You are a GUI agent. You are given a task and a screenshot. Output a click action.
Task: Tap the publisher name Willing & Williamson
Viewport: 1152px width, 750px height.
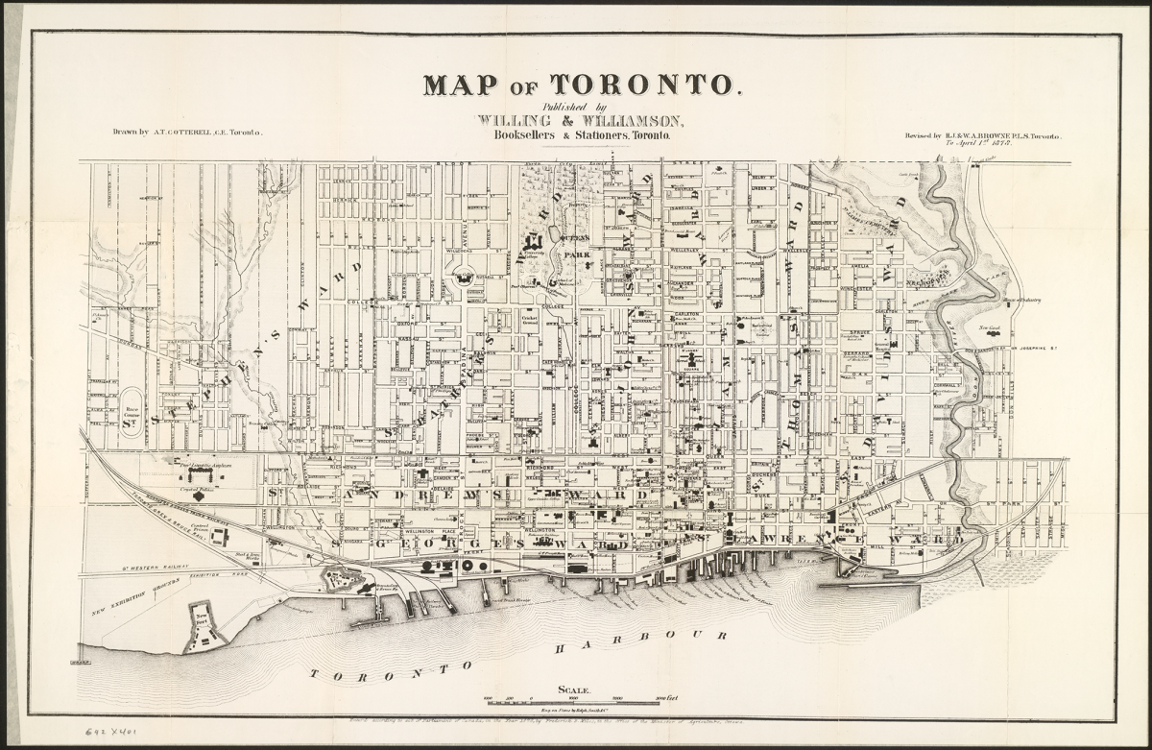pyautogui.click(x=580, y=121)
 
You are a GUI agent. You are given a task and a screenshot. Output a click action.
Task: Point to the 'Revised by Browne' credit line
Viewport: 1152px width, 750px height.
pyautogui.click(x=982, y=136)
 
